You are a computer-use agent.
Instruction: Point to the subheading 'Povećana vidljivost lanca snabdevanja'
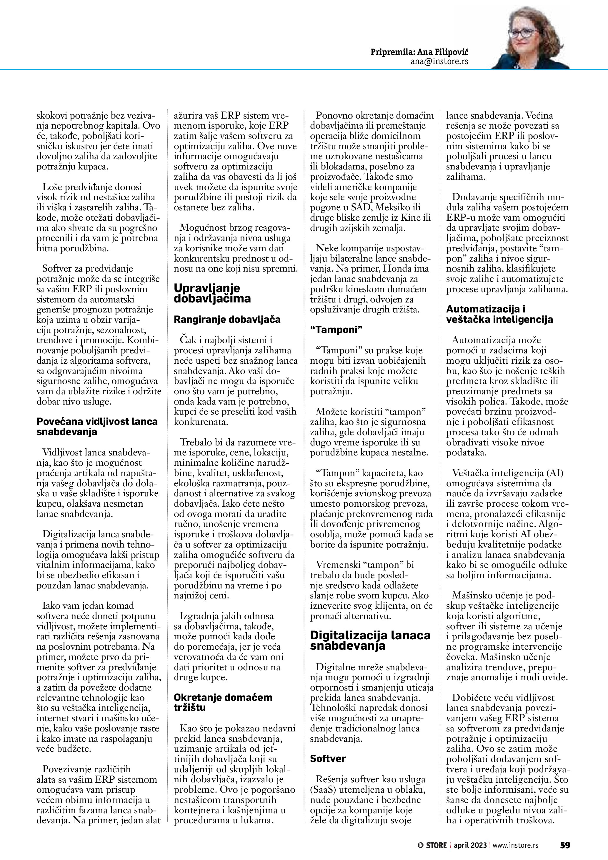tap(97, 426)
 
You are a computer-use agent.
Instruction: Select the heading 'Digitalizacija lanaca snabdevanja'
tap(370, 641)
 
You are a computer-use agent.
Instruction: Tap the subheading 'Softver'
tap(328, 758)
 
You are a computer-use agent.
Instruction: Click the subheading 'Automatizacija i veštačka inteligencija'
tap(499, 314)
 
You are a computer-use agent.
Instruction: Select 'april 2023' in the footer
tap(470, 845)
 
